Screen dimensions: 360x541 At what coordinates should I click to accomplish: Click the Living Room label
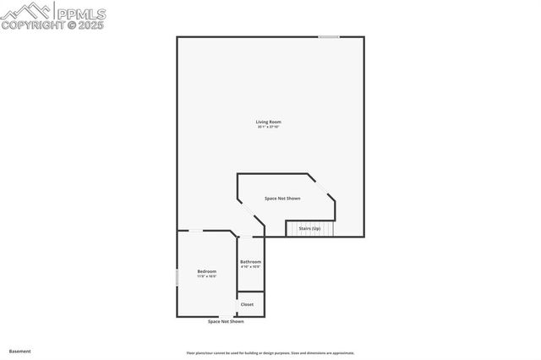[x=268, y=123]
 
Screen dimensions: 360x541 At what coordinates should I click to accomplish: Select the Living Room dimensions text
[x=268, y=128]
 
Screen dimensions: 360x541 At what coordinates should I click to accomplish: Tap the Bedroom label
[x=206, y=271]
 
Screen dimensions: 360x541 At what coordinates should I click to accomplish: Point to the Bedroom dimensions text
[x=206, y=276]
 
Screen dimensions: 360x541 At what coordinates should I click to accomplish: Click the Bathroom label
[x=250, y=262]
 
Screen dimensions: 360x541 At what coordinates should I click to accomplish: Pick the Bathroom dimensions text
[x=250, y=267]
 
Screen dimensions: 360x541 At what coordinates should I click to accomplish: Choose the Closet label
[x=247, y=304]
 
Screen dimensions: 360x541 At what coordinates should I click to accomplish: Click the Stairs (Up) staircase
[x=310, y=228]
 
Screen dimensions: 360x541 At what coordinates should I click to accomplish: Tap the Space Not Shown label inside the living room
[x=282, y=199]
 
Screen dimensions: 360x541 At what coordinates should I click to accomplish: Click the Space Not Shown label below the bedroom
[x=226, y=322]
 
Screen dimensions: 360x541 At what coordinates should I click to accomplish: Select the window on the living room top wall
[x=329, y=36]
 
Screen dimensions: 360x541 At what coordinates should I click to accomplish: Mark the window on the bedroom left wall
[x=177, y=277]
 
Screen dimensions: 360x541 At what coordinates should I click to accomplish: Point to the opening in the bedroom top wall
[x=195, y=231]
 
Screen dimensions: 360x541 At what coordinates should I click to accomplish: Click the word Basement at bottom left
[x=19, y=351]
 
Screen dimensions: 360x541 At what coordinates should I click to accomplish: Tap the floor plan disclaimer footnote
[x=270, y=353]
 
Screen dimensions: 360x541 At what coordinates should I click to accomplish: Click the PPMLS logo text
[x=80, y=13]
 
